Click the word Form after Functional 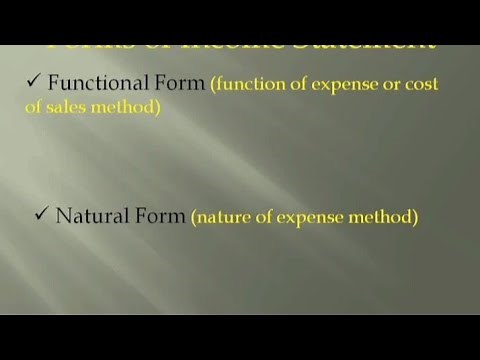[x=177, y=85]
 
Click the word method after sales [x=129, y=108]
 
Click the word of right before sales [x=34, y=108]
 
